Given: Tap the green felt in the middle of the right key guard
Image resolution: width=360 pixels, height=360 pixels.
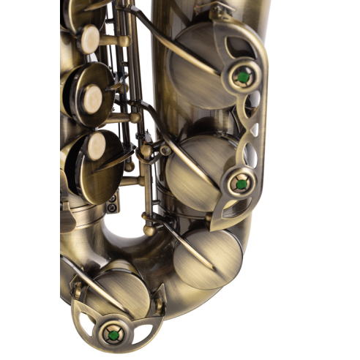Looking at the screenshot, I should coord(239,184).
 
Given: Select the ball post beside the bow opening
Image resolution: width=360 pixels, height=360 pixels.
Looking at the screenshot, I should coord(149,230).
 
